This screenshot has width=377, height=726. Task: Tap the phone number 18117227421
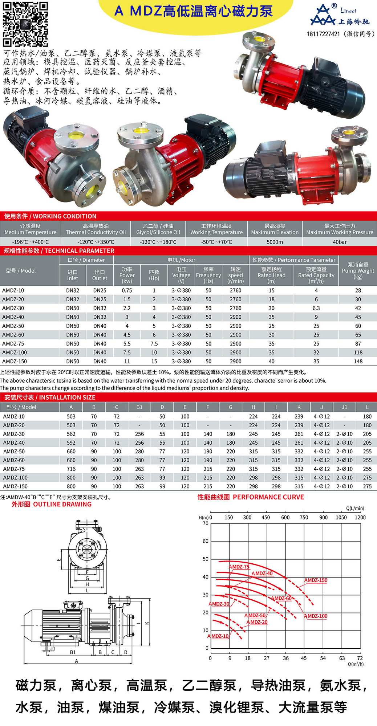323,34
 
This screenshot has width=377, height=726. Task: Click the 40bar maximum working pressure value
340,242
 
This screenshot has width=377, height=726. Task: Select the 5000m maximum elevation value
275,242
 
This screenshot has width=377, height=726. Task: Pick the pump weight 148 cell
358,361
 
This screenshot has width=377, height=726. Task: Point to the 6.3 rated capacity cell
316,308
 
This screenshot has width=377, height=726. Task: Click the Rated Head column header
271,275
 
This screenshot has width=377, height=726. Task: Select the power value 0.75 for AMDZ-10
127,290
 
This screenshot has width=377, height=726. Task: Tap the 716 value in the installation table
71,469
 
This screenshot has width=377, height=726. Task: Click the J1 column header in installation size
344,407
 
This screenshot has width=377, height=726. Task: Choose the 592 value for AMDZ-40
71,443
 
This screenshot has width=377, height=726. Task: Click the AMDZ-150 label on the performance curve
316,580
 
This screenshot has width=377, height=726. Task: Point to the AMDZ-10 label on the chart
218,636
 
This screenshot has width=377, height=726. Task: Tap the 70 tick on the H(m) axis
206,523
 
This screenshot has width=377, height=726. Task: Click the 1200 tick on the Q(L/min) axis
360,517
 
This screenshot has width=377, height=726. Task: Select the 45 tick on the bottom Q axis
304,658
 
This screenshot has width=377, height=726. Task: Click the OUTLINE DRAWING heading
52,504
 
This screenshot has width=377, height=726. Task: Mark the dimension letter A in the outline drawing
76,661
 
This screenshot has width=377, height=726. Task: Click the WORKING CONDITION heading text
50,216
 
